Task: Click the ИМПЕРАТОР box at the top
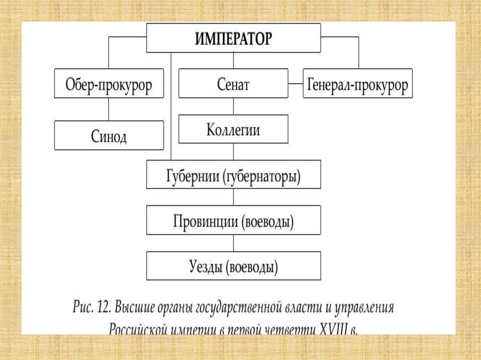[233, 38]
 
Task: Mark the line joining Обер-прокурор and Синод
[109, 109]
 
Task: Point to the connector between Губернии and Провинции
[233, 197]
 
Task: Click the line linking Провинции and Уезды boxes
[233, 243]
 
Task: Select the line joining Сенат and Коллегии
[233, 107]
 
